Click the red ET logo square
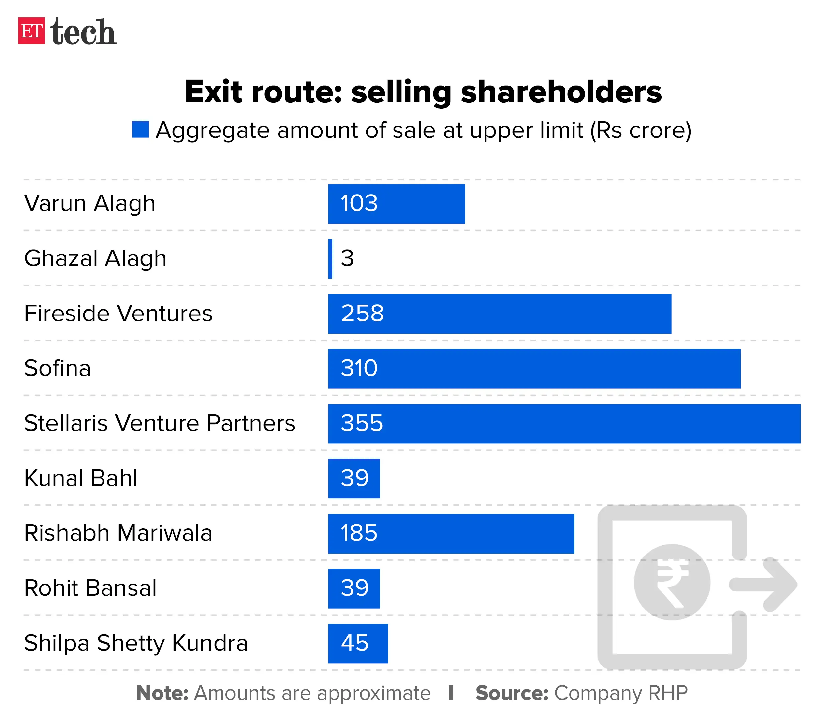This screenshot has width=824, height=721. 31,31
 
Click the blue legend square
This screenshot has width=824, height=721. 140,130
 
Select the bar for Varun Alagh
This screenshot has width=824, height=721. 396,204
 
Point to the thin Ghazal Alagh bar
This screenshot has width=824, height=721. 330,259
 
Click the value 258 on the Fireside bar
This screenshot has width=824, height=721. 362,314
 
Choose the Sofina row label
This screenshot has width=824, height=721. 57,368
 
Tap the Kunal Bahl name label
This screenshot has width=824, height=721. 80,478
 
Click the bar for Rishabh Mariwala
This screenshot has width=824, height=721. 451,533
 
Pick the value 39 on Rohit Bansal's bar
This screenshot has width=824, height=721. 354,588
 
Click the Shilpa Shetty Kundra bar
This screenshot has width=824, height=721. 358,643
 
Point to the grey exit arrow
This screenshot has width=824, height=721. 764,584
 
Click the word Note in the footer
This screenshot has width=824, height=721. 162,693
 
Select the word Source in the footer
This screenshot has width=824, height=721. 512,693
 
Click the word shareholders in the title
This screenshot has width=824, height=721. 561,92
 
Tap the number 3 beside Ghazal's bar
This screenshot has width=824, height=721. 347,258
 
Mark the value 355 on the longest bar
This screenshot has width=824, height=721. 362,423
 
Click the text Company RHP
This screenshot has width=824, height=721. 621,693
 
